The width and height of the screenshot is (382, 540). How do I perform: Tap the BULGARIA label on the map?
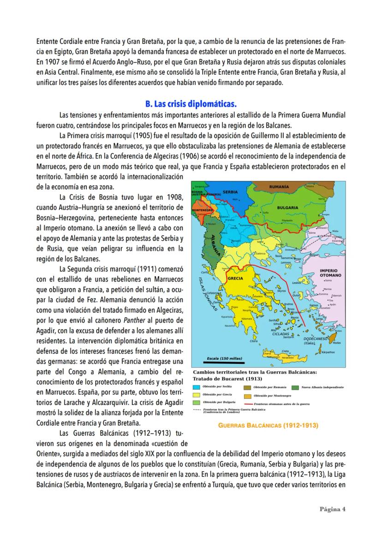[x=288, y=208]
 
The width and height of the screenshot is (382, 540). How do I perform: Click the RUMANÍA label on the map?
[x=280, y=187]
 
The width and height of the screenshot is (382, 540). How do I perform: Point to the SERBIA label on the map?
[x=230, y=192]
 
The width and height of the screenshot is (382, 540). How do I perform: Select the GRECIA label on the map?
[x=236, y=279]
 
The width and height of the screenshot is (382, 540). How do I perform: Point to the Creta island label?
[x=285, y=351]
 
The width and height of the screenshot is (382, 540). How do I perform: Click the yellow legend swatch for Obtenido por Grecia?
[x=197, y=395]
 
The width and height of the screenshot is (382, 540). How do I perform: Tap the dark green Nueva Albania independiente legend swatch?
[x=295, y=387]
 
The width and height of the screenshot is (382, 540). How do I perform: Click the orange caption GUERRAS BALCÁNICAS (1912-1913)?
[x=269, y=425]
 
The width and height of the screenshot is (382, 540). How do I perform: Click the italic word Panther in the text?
[x=137, y=320]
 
